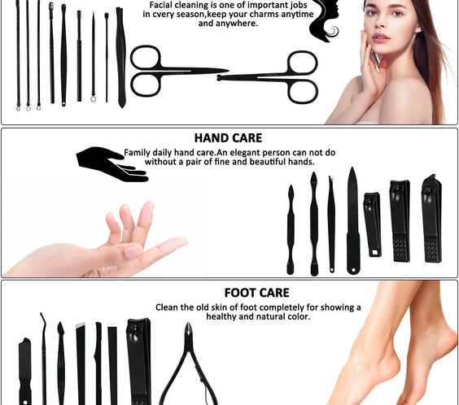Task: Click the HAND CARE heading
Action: (228, 138)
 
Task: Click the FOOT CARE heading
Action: (256, 293)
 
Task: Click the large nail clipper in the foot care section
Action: (138, 358)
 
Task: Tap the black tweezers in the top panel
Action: (121, 57)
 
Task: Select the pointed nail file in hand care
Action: (352, 220)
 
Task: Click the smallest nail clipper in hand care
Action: (372, 224)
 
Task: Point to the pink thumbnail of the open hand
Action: (133, 251)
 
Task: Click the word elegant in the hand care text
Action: (238, 152)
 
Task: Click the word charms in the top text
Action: (252, 15)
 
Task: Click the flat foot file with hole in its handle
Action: (25, 370)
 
